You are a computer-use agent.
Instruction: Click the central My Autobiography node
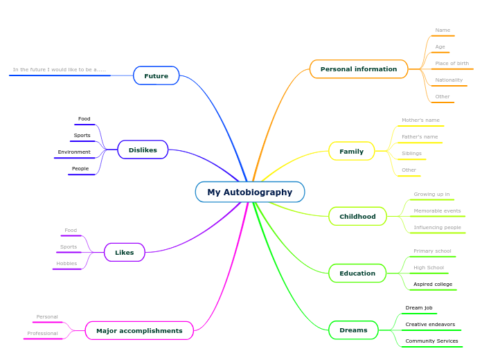(250, 192)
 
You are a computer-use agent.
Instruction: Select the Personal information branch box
(359, 69)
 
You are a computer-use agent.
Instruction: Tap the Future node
(156, 75)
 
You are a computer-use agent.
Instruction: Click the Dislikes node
(143, 150)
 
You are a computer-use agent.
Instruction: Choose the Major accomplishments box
(139, 331)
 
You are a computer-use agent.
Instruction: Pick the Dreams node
(353, 330)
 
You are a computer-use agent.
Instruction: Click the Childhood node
(357, 217)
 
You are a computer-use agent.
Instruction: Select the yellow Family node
(351, 152)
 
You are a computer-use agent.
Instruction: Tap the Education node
(357, 273)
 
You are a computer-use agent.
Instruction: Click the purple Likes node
(125, 253)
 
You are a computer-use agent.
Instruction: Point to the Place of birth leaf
(452, 64)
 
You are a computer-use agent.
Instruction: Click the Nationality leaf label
(449, 80)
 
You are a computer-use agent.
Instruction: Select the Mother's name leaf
(420, 120)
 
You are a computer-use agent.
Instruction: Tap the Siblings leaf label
(411, 154)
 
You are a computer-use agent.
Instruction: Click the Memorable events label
(437, 211)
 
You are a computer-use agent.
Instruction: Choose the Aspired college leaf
(433, 285)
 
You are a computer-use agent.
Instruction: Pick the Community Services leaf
(431, 341)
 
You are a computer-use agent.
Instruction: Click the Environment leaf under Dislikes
(74, 152)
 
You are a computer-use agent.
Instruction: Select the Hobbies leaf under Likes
(66, 264)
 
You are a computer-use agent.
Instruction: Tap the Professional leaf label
(42, 334)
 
